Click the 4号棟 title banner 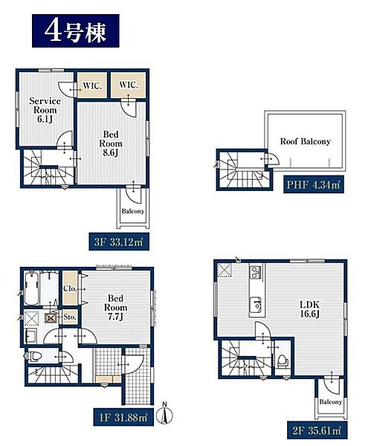click(75, 30)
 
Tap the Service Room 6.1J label click(45, 110)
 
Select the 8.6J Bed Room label click(111, 143)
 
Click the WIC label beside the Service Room click(92, 85)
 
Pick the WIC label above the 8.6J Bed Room click(129, 85)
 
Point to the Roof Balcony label click(306, 141)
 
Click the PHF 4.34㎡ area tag click(314, 184)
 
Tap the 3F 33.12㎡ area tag click(119, 242)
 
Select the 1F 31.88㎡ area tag click(123, 417)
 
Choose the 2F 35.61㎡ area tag click(317, 430)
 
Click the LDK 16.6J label click(310, 309)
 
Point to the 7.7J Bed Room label click(115, 308)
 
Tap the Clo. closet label click(70, 288)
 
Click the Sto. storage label click(70, 317)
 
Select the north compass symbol click(165, 416)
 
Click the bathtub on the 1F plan click(32, 288)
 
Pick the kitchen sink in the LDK click(256, 304)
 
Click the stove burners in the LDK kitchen click(256, 272)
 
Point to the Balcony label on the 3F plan click(133, 211)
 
